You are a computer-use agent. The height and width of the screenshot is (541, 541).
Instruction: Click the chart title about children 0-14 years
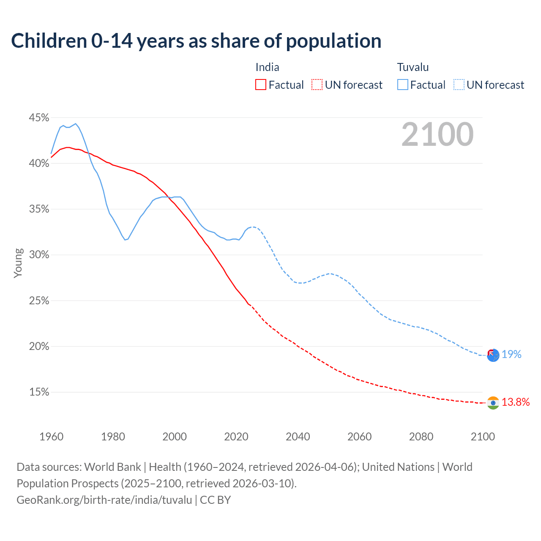(196, 41)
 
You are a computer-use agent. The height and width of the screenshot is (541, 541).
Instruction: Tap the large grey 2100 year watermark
(437, 134)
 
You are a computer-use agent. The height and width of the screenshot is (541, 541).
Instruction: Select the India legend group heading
(267, 67)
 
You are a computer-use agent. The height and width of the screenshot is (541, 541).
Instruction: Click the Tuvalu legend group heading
(413, 67)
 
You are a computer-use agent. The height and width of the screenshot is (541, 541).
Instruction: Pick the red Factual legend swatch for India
(261, 85)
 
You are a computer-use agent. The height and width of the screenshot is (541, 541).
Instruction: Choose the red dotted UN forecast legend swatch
(317, 85)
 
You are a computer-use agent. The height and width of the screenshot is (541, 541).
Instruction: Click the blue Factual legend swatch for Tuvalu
(403, 85)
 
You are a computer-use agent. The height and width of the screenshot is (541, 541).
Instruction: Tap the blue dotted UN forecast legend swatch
(459, 85)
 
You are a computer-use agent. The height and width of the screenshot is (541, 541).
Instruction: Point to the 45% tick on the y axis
(39, 117)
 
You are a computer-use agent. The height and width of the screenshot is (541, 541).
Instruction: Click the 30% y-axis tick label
(39, 255)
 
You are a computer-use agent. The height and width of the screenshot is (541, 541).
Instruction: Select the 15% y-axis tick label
(39, 392)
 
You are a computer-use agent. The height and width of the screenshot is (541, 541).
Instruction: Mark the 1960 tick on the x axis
(51, 437)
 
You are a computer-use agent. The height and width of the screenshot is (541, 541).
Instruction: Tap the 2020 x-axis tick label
(236, 437)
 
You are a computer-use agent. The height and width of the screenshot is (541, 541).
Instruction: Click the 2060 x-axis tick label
(360, 437)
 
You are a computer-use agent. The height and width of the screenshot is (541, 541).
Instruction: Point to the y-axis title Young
(18, 263)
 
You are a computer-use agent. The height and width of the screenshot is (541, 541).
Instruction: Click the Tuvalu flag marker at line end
(493, 355)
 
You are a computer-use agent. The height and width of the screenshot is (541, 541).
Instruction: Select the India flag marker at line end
(493, 403)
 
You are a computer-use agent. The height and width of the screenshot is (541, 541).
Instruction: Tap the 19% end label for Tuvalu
(511, 355)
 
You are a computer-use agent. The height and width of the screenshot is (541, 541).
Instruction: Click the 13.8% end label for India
(516, 402)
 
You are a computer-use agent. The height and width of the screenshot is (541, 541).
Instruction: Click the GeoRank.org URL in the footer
(104, 500)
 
